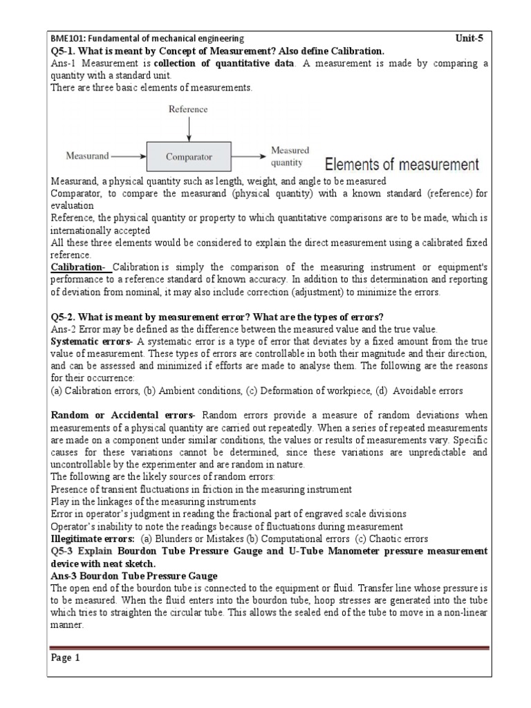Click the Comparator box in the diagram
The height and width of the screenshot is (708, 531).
tap(188, 157)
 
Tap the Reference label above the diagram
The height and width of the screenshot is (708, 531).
tap(188, 110)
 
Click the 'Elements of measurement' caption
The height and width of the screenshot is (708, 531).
tap(401, 165)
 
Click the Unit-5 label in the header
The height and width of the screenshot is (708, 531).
tap(469, 39)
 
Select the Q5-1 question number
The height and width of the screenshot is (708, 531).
tap(64, 51)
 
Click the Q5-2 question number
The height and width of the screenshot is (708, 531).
tap(64, 317)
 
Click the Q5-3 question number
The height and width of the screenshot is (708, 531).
tap(64, 551)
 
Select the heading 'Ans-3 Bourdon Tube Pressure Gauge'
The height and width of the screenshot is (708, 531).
tap(134, 576)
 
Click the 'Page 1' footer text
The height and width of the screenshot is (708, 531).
tap(66, 658)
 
